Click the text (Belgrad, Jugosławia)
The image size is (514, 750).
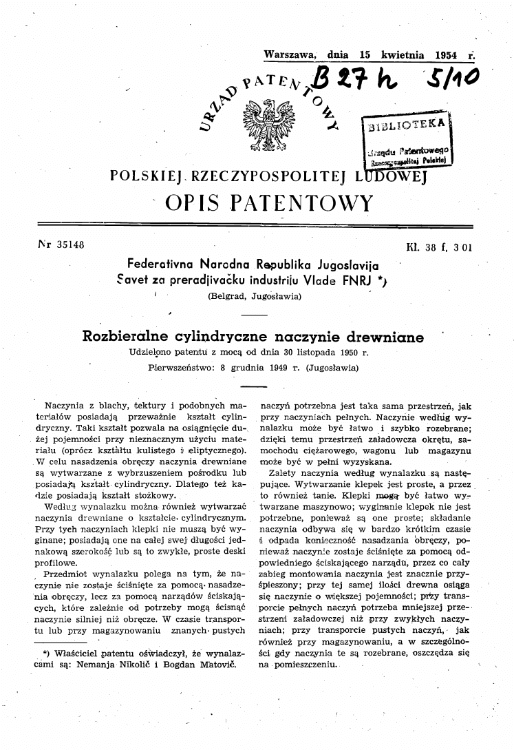point(255,297)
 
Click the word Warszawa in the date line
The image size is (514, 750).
point(290,54)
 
